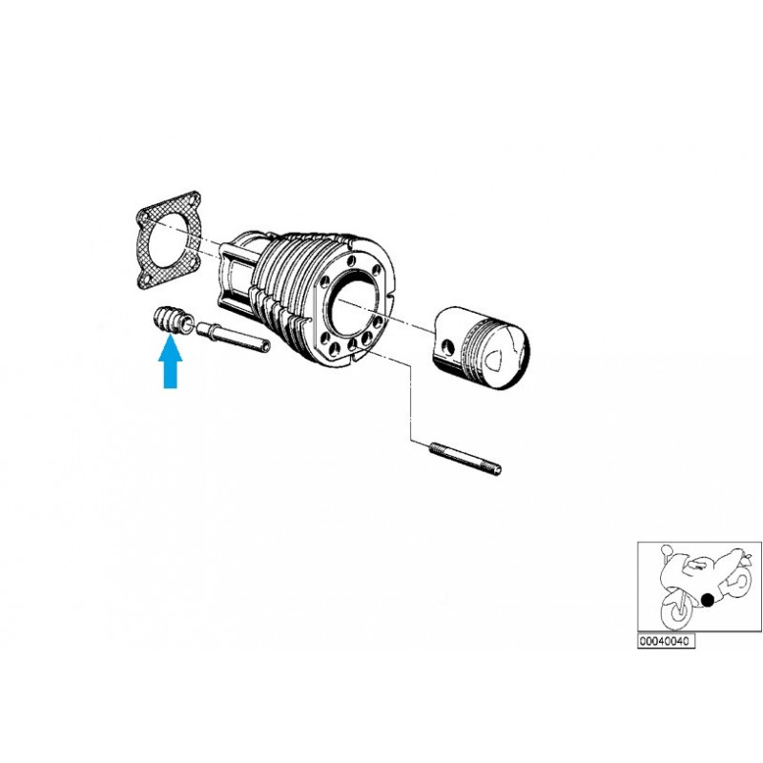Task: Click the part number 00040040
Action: pos(668,643)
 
